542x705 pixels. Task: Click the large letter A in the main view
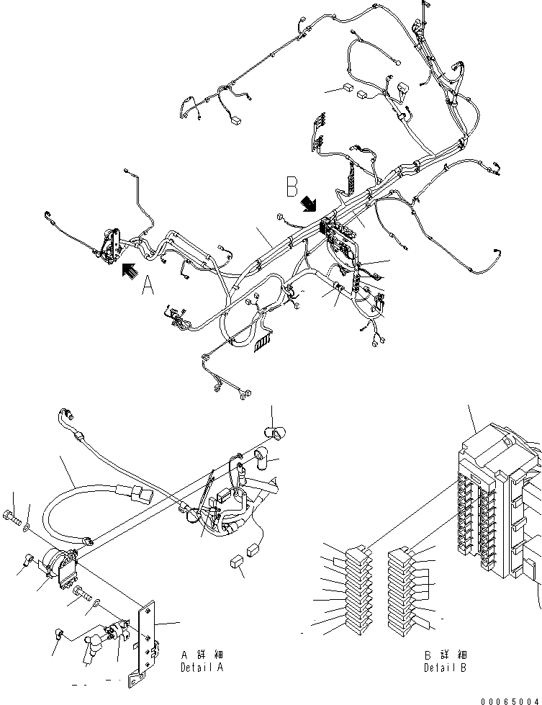pyautogui.click(x=148, y=287)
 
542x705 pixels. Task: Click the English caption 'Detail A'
pyautogui.click(x=202, y=668)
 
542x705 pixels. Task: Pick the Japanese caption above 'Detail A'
pyautogui.click(x=202, y=655)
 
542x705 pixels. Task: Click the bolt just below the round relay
pyautogui.click(x=82, y=593)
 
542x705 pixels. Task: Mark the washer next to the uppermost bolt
pyautogui.click(x=27, y=527)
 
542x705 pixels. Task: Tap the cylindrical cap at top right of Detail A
pyautogui.click(x=274, y=432)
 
